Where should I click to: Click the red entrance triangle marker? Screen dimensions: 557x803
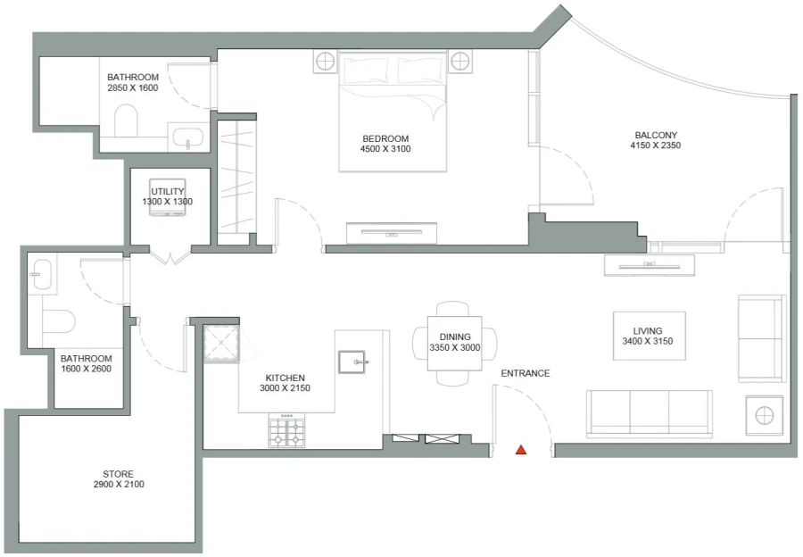pyautogui.click(x=521, y=451)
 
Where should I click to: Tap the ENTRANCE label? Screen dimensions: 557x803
pyautogui.click(x=525, y=373)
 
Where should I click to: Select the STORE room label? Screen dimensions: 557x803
pyautogui.click(x=118, y=474)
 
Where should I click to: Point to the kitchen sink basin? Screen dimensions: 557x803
pyautogui.click(x=352, y=362)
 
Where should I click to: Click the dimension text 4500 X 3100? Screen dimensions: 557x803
pyautogui.click(x=385, y=149)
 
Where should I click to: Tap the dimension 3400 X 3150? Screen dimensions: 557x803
pyautogui.click(x=649, y=341)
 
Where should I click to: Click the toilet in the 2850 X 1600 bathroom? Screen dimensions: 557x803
pyautogui.click(x=127, y=121)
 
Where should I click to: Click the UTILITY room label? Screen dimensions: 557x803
pyautogui.click(x=167, y=191)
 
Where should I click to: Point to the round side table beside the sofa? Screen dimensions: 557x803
pyautogui.click(x=765, y=415)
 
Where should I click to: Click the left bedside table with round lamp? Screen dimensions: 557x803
pyautogui.click(x=326, y=62)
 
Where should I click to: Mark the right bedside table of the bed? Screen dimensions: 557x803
pyautogui.click(x=459, y=62)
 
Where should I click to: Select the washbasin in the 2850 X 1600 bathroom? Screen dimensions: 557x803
pyautogui.click(x=188, y=137)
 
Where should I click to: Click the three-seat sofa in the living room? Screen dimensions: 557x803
pyautogui.click(x=649, y=413)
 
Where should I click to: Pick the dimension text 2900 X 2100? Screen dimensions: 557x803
pyautogui.click(x=118, y=485)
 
